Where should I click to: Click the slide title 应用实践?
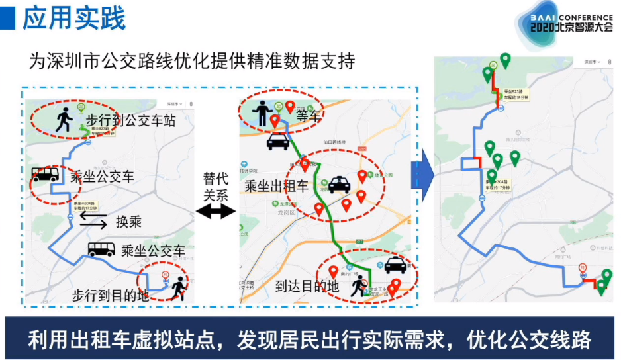click(x=73, y=18)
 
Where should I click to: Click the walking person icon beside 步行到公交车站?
click(x=64, y=120)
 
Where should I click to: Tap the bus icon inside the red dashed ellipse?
click(x=46, y=175)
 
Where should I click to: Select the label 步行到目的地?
click(x=111, y=294)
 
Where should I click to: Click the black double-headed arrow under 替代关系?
click(x=216, y=212)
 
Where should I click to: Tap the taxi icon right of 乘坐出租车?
click(x=339, y=185)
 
